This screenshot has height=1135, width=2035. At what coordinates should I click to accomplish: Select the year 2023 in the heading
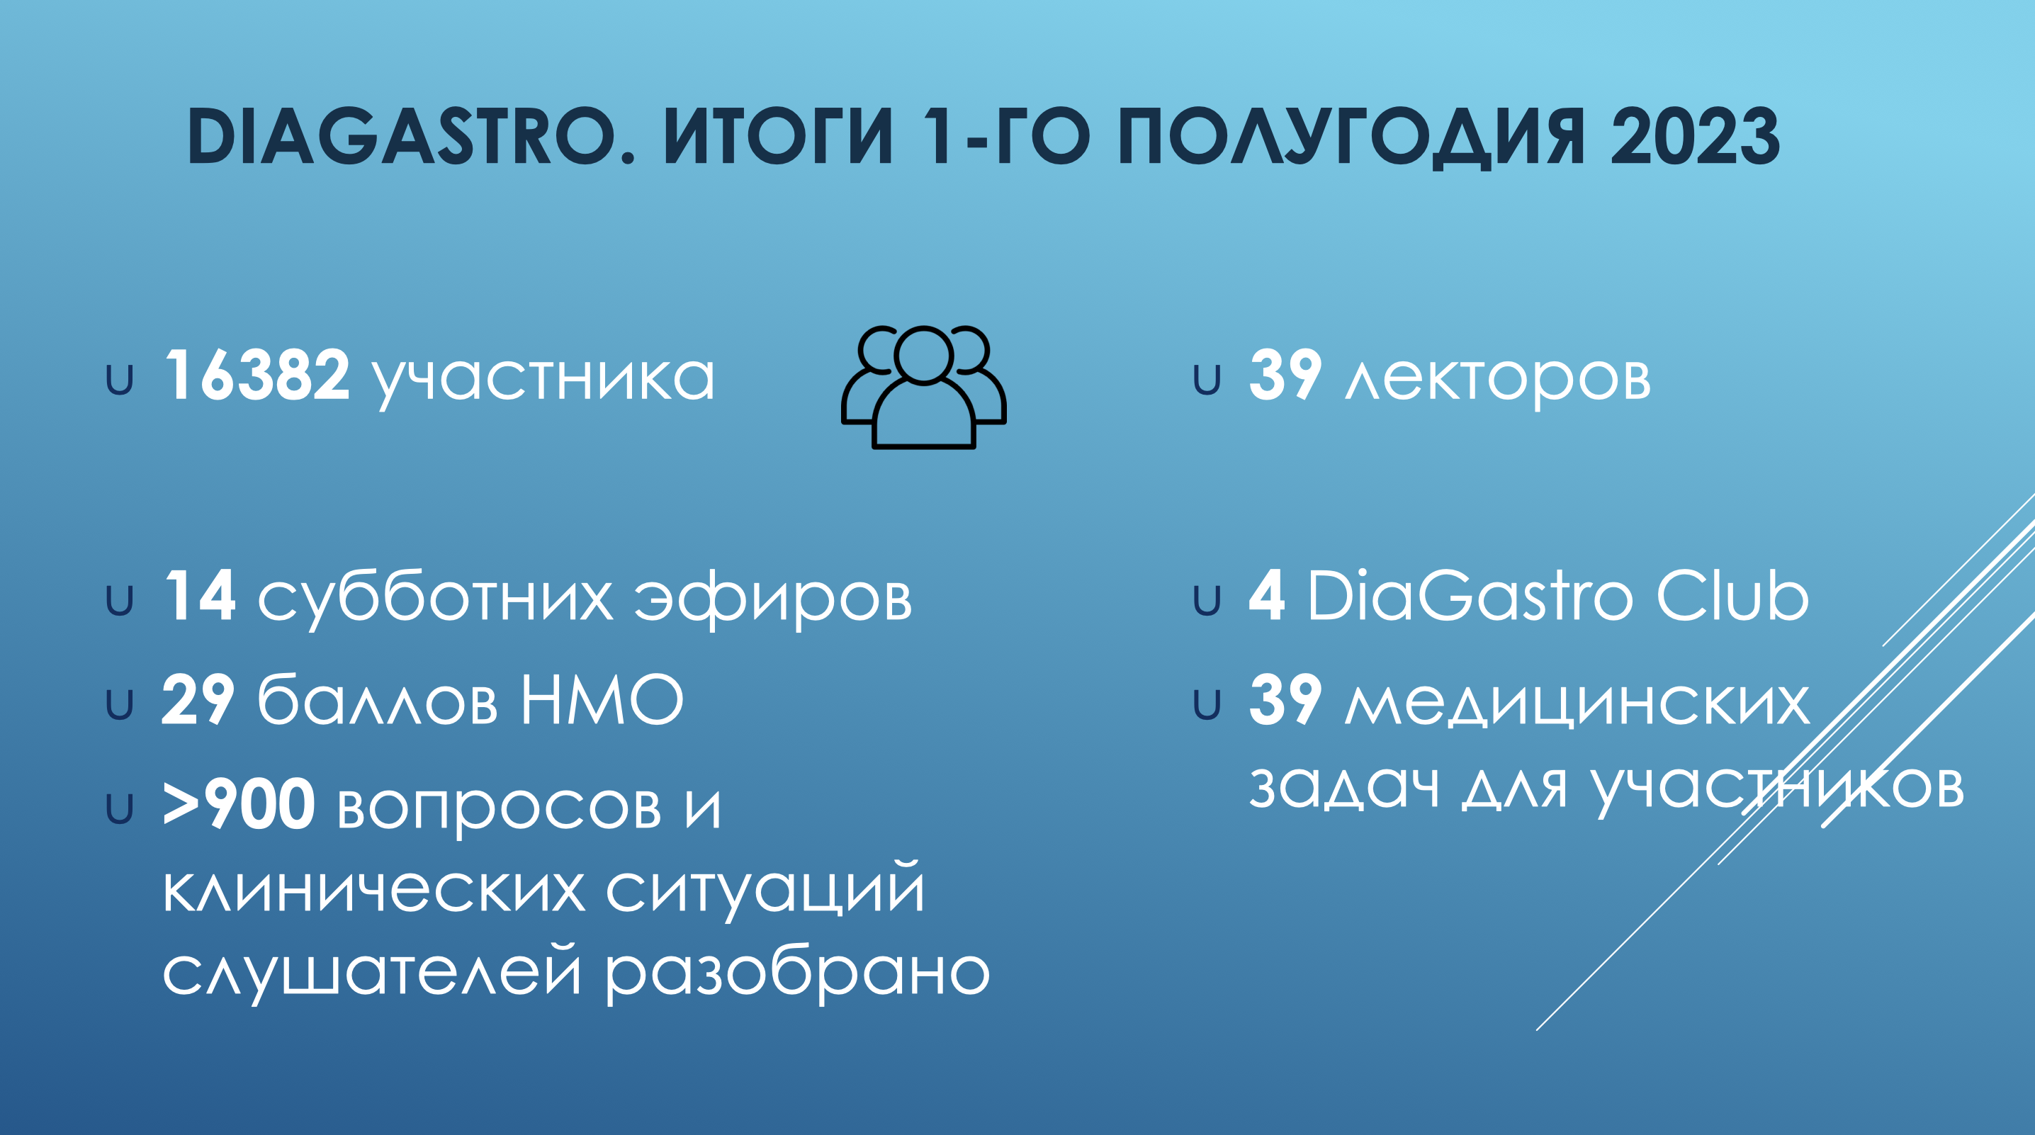tap(1696, 137)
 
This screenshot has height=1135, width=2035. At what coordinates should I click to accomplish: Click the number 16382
tap(257, 375)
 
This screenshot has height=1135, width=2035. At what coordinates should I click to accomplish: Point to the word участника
tap(543, 380)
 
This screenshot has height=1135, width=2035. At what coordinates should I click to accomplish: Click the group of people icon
tap(923, 387)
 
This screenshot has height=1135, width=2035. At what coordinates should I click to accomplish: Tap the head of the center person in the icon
tap(923, 356)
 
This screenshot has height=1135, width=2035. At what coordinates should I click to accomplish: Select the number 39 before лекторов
tap(1285, 375)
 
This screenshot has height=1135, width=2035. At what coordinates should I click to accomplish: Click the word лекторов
tap(1498, 380)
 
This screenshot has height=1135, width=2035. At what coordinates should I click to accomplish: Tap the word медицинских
tap(1577, 703)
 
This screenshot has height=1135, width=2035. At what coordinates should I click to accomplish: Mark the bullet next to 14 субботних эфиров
tap(119, 601)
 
